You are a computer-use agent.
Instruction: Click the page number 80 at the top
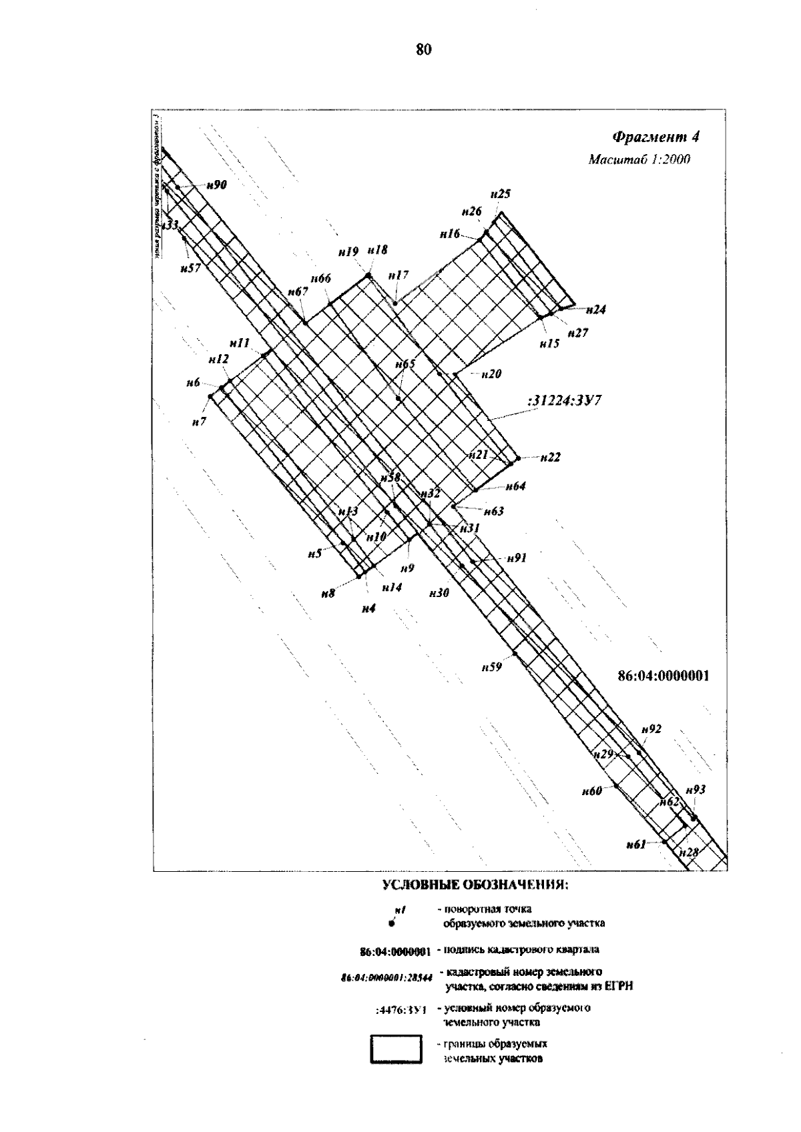pyautogui.click(x=424, y=49)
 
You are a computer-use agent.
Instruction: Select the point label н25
pyautogui.click(x=500, y=195)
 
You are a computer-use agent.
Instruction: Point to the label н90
pyautogui.click(x=216, y=185)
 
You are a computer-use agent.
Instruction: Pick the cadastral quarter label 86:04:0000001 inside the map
pyautogui.click(x=663, y=676)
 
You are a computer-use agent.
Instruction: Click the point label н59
pyautogui.click(x=491, y=666)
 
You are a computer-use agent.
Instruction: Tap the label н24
pyautogui.click(x=595, y=310)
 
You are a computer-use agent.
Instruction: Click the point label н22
pyautogui.click(x=550, y=458)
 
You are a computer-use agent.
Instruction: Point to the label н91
pyautogui.click(x=517, y=558)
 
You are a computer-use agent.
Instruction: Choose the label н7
pyautogui.click(x=199, y=422)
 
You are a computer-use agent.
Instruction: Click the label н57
pyautogui.click(x=190, y=268)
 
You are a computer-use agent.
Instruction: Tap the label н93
pyautogui.click(x=696, y=790)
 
